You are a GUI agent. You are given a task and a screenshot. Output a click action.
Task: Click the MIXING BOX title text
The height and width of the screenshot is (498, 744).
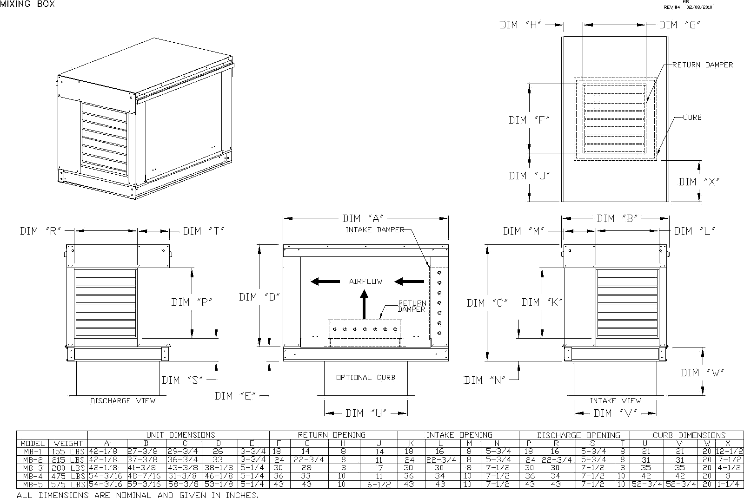(x=27, y=4)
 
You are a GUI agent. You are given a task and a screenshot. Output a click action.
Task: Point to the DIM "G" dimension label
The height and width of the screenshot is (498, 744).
(x=679, y=25)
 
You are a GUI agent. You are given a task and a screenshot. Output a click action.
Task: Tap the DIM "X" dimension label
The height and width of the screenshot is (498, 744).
(x=698, y=182)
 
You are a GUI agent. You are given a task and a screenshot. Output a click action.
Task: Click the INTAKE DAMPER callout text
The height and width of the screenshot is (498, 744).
(x=375, y=230)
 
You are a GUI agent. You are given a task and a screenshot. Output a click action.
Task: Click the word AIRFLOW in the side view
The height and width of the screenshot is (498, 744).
(x=366, y=281)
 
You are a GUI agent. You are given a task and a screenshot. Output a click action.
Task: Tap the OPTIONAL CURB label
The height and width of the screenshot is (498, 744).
(x=365, y=378)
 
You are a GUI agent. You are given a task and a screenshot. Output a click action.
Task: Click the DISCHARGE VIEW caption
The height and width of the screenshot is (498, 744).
(x=123, y=400)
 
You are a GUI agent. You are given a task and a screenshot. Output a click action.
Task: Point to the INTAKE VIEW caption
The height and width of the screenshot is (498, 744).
(x=615, y=400)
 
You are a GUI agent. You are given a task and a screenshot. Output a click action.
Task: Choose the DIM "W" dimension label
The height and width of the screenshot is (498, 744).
(x=702, y=373)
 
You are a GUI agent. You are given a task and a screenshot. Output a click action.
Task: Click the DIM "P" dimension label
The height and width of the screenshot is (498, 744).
(x=192, y=302)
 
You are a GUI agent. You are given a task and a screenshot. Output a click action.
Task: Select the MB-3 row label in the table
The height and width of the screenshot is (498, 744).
(x=33, y=468)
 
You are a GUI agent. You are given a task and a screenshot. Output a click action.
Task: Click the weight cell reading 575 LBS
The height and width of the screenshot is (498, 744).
(x=68, y=484)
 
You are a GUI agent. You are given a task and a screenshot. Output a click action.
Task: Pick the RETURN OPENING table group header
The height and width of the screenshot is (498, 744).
(x=332, y=435)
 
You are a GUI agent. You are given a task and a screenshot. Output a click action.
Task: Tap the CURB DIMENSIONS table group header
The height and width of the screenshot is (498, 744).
(x=689, y=435)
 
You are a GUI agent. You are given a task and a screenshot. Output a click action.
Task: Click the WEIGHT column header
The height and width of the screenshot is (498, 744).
(x=68, y=444)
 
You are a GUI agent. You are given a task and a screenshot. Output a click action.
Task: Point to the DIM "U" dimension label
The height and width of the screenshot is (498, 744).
(x=366, y=413)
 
